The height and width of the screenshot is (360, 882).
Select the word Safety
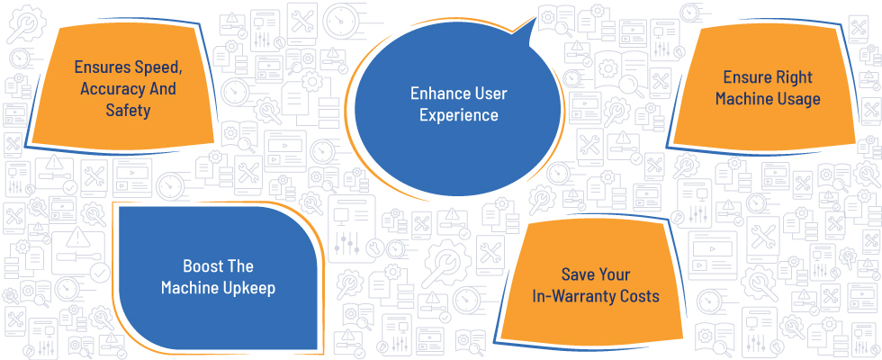pyautogui.click(x=128, y=110)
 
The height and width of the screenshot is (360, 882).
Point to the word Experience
pyautogui.click(x=459, y=115)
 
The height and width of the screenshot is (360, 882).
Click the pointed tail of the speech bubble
pyautogui.click(x=533, y=19)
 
